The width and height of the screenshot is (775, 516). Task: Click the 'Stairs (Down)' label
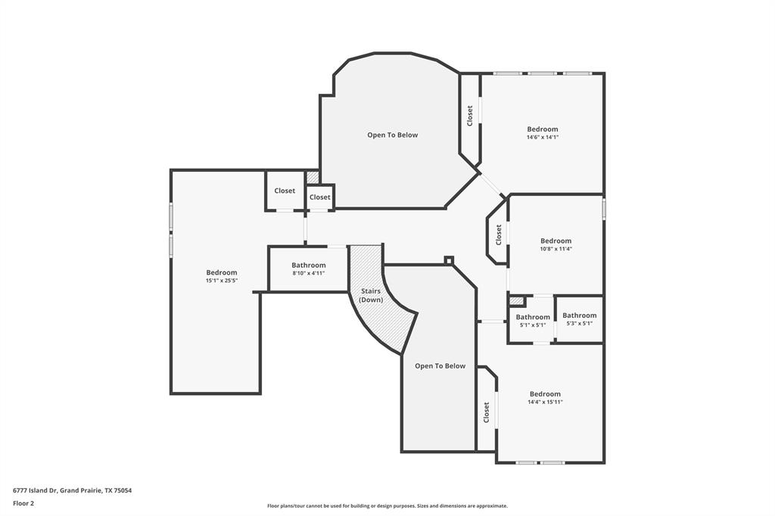click(x=371, y=295)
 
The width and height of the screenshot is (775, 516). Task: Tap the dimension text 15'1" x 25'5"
click(x=222, y=281)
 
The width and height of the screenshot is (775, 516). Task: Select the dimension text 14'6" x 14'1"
click(x=543, y=138)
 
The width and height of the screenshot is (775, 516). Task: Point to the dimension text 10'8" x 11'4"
click(x=556, y=249)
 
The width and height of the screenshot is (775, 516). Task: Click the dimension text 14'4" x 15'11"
click(x=545, y=403)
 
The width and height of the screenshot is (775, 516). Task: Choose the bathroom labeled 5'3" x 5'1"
click(x=579, y=319)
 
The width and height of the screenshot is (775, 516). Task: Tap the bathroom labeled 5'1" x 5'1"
click(x=533, y=321)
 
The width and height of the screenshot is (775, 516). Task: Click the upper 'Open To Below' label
click(x=392, y=135)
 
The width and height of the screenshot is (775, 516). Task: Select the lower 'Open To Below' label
click(x=440, y=366)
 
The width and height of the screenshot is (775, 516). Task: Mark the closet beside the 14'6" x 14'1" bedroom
click(x=470, y=116)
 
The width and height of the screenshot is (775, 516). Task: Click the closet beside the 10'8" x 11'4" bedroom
click(x=499, y=235)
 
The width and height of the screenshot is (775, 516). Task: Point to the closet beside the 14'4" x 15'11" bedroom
click(x=487, y=412)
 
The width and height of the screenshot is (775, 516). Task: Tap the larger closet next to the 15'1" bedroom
click(x=285, y=191)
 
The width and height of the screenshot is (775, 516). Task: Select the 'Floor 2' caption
click(x=23, y=503)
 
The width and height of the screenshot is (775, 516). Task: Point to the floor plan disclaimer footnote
click(x=387, y=506)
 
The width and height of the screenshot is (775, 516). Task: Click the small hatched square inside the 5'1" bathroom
click(x=518, y=301)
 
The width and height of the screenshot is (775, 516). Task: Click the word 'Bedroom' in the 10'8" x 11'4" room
click(x=556, y=241)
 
